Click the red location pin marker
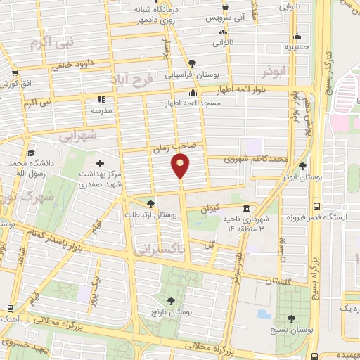(181, 167)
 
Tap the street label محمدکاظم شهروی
(257, 159)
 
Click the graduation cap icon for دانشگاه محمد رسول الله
(30, 153)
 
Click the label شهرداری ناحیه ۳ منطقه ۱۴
(264, 224)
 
